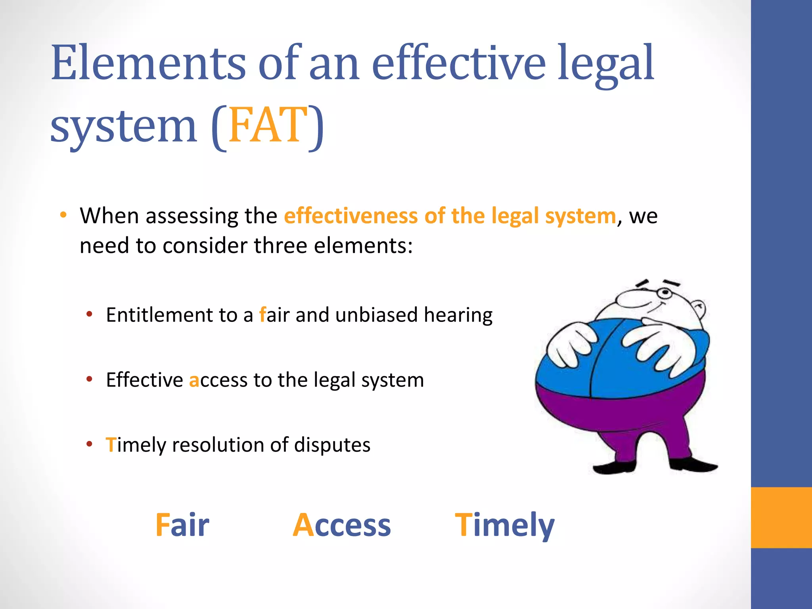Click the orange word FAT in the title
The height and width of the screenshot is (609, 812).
pyautogui.click(x=268, y=126)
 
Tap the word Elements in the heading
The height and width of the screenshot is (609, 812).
pyautogui.click(x=149, y=63)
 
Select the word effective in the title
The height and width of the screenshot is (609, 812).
pyautogui.click(x=459, y=63)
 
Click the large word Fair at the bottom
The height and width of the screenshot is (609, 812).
pyautogui.click(x=182, y=525)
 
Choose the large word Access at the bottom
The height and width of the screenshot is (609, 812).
pyautogui.click(x=342, y=525)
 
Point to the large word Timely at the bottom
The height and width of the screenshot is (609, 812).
pyautogui.click(x=504, y=525)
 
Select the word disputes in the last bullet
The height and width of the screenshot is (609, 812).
pyautogui.click(x=332, y=445)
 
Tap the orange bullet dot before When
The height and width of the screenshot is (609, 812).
pyautogui.click(x=63, y=215)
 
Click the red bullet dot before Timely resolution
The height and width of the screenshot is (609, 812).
pyautogui.click(x=90, y=444)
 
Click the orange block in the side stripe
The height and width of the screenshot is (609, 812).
pyautogui.click(x=781, y=517)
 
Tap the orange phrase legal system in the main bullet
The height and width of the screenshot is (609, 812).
pyautogui.click(x=553, y=216)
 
